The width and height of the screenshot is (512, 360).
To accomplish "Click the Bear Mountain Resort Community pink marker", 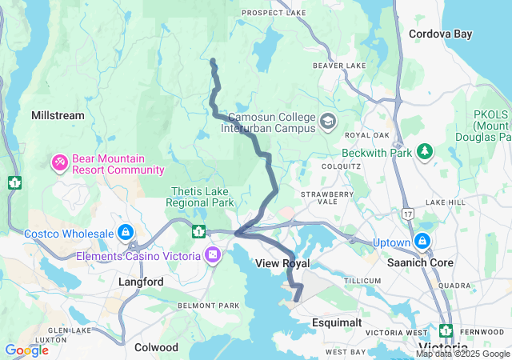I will [60, 162].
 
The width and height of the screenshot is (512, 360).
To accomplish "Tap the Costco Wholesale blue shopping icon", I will [125, 233].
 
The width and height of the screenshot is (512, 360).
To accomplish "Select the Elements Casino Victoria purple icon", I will [212, 255].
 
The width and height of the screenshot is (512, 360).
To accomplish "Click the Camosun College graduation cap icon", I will [327, 122].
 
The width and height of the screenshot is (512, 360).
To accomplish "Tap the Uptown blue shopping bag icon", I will [422, 241].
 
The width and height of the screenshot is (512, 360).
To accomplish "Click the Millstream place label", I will [58, 116].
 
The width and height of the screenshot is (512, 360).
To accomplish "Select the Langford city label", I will [141, 282].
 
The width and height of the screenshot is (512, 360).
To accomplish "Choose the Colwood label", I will [156, 347].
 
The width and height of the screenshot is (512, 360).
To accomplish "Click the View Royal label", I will [282, 263].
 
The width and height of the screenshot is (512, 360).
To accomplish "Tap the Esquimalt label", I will [337, 322].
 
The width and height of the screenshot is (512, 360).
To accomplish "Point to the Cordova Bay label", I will [440, 34].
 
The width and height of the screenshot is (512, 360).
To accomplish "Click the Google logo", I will [26, 350].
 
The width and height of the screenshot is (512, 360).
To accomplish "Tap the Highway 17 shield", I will [409, 214].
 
